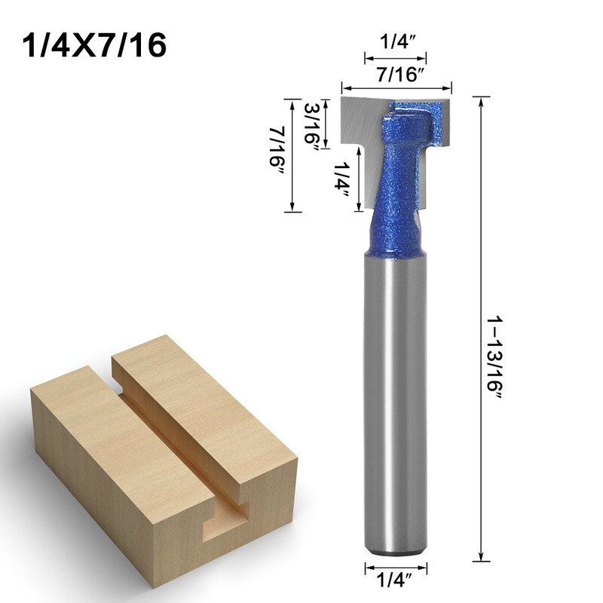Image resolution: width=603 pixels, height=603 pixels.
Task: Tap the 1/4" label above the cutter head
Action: [396, 44]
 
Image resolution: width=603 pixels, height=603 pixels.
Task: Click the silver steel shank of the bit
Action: [396, 407]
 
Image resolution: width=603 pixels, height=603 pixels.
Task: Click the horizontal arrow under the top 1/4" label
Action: [396, 57]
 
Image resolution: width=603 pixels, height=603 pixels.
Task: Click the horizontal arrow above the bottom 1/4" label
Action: [396, 566]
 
